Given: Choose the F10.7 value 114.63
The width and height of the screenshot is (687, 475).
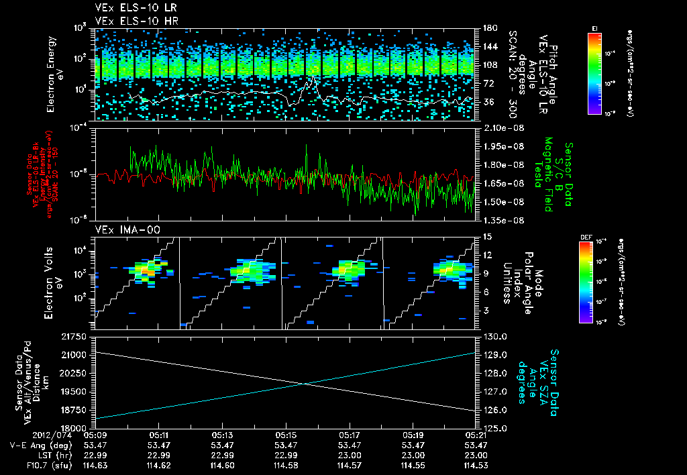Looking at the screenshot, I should [94, 466].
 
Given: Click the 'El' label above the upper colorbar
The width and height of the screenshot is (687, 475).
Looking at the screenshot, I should [594, 28].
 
